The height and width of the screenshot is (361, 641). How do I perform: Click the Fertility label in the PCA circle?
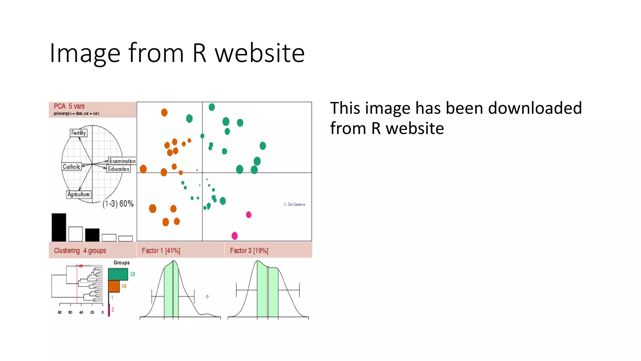(78, 133)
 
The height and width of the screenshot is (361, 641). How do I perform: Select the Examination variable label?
(122, 161)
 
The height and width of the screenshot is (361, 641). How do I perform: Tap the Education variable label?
(119, 169)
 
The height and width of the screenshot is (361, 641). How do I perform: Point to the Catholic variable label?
(71, 166)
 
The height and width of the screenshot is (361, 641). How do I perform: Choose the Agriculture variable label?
(79, 194)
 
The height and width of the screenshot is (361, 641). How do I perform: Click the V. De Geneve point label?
(294, 204)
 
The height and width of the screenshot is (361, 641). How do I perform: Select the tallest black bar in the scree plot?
(59, 227)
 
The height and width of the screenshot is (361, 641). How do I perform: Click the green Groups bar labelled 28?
(118, 274)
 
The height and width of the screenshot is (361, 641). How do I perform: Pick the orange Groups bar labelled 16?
(114, 286)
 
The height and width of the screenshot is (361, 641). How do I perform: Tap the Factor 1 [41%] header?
(161, 251)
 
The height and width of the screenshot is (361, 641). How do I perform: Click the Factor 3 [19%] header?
(249, 251)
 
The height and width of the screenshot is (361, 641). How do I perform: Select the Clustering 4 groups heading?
(80, 251)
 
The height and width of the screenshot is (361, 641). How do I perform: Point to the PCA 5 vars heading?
(69, 106)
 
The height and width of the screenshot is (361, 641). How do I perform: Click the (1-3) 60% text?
(118, 204)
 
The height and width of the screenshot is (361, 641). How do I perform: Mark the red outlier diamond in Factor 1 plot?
(207, 296)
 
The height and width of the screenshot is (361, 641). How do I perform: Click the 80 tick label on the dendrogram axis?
(60, 312)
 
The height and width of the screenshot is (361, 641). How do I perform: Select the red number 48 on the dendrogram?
(81, 266)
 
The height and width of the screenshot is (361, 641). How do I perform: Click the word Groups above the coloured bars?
(121, 263)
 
